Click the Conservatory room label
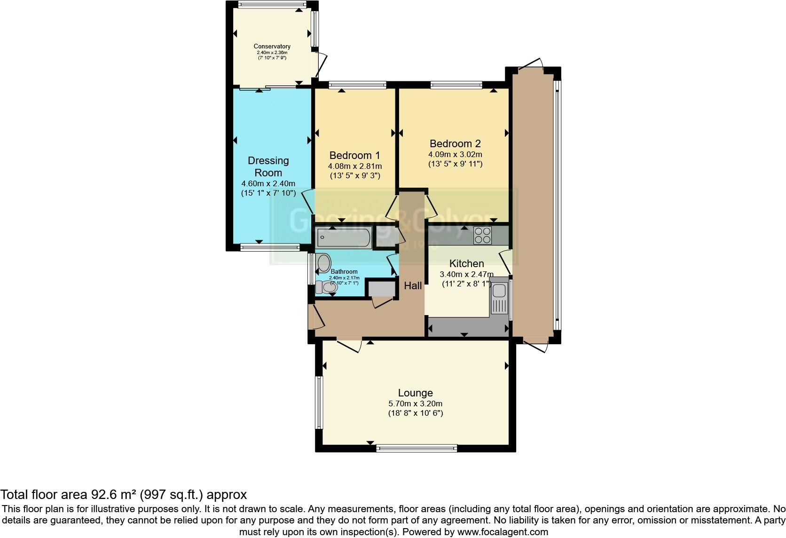(272, 46)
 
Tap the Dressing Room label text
(268, 166)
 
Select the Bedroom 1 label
(354, 156)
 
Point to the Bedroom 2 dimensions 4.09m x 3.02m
(455, 154)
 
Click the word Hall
(413, 285)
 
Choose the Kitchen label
(466, 263)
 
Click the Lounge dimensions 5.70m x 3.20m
(415, 403)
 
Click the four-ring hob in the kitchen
(482, 235)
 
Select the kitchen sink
(498, 299)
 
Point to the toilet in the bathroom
(325, 287)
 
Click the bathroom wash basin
(324, 263)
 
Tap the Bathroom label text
(344, 271)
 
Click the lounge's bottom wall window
(417, 449)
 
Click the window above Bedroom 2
(456, 85)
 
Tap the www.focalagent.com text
(503, 532)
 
